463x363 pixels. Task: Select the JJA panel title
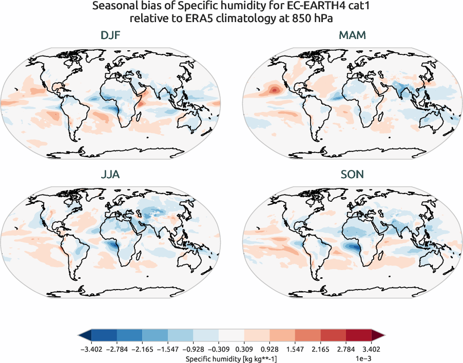111,175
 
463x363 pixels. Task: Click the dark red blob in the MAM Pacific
274,90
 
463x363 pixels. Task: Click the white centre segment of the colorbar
231,336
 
